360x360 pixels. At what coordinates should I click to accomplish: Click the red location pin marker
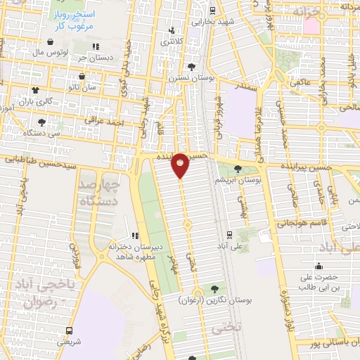click(180, 165)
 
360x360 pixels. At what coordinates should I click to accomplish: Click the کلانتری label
click(175, 42)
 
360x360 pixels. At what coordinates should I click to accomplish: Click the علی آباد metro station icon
click(230, 236)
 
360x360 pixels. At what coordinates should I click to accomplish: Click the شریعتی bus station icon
click(69, 330)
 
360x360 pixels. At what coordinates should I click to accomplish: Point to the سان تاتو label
click(101, 87)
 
